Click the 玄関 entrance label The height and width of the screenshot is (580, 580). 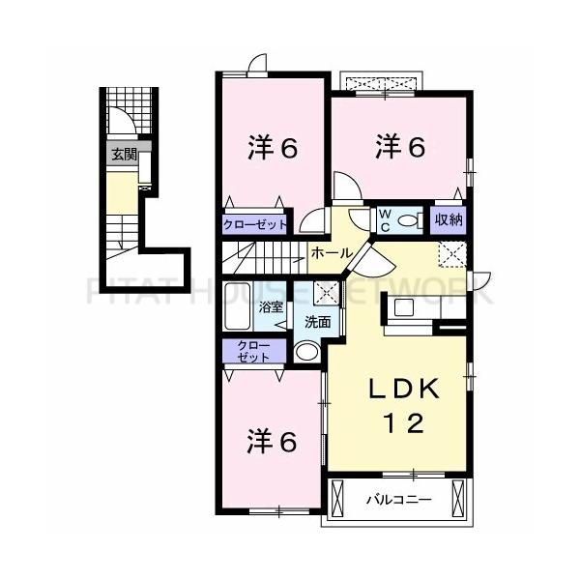(x=123, y=154)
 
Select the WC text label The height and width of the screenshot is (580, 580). (x=384, y=218)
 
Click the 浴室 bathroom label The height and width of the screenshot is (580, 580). (x=271, y=308)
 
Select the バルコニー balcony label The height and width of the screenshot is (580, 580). (x=398, y=500)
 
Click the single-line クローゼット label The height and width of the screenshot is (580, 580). (x=256, y=224)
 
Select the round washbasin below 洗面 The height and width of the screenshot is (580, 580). (x=307, y=352)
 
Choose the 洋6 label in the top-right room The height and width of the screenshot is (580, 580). (x=400, y=147)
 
